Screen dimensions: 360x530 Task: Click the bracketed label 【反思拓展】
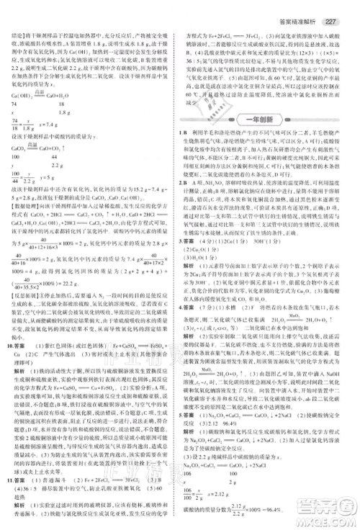pos(28,294)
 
